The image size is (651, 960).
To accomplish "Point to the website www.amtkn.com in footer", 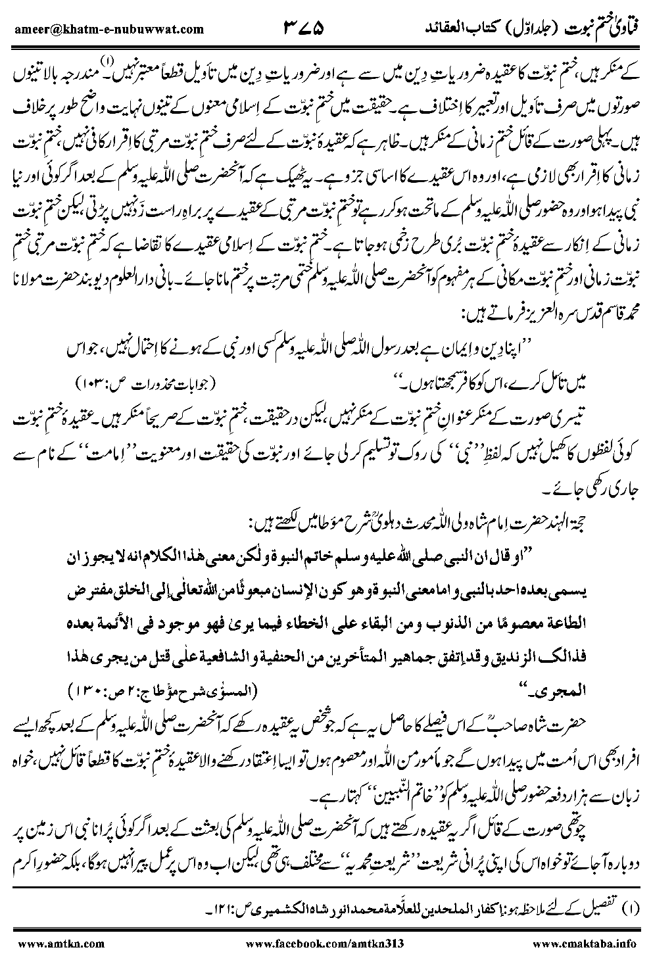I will (x=59, y=944).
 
